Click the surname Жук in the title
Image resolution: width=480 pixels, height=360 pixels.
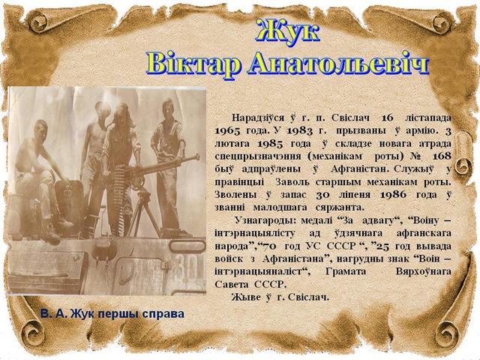(x=288, y=30)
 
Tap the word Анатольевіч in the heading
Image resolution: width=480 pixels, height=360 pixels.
(x=338, y=63)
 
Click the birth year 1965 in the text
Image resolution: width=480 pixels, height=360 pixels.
(x=227, y=130)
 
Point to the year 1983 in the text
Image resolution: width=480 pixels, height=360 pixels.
(x=300, y=130)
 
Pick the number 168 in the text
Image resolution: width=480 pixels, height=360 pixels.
(x=442, y=156)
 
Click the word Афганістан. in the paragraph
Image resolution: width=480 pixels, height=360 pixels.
(x=360, y=169)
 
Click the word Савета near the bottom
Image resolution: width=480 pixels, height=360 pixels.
(x=232, y=284)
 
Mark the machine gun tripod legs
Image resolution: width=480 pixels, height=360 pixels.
(x=145, y=211)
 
